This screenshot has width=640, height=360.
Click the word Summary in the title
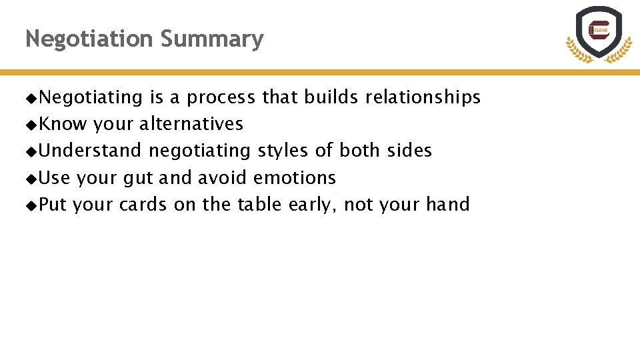point(212,39)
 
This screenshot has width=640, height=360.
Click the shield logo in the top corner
point(598,33)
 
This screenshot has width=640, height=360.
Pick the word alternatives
point(191,124)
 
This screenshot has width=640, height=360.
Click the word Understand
point(90,151)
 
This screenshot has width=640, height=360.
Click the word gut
point(138,178)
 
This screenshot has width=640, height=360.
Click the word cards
point(143,204)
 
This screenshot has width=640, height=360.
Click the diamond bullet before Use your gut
point(31,179)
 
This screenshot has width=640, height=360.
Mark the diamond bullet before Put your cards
point(31,205)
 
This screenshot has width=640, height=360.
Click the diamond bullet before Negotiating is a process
point(31,99)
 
